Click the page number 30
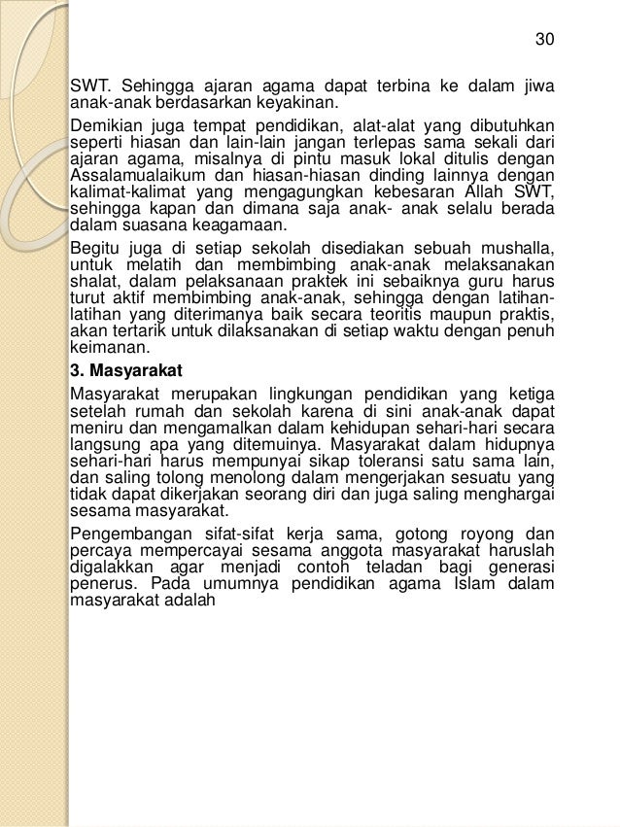(545, 40)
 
